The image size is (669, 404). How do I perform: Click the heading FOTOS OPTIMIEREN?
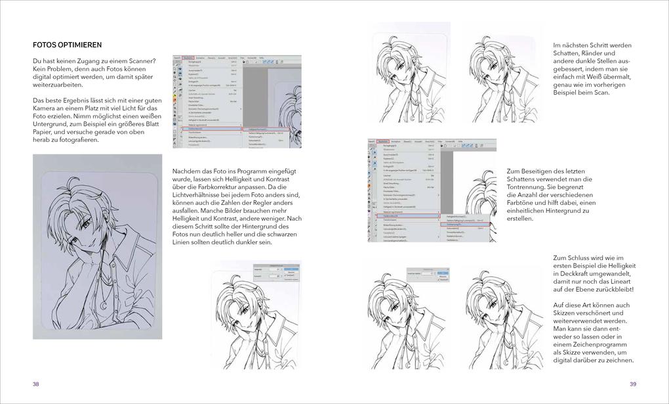(67, 45)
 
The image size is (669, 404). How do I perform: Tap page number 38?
(36, 384)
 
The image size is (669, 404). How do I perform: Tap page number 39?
(633, 384)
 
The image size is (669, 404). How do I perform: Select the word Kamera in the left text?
(46, 108)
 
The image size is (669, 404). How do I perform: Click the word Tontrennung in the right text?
(530, 187)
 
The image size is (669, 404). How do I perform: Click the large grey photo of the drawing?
(97, 246)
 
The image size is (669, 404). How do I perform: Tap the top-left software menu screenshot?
(237, 101)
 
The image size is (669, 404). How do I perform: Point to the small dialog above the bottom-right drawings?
(427, 274)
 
